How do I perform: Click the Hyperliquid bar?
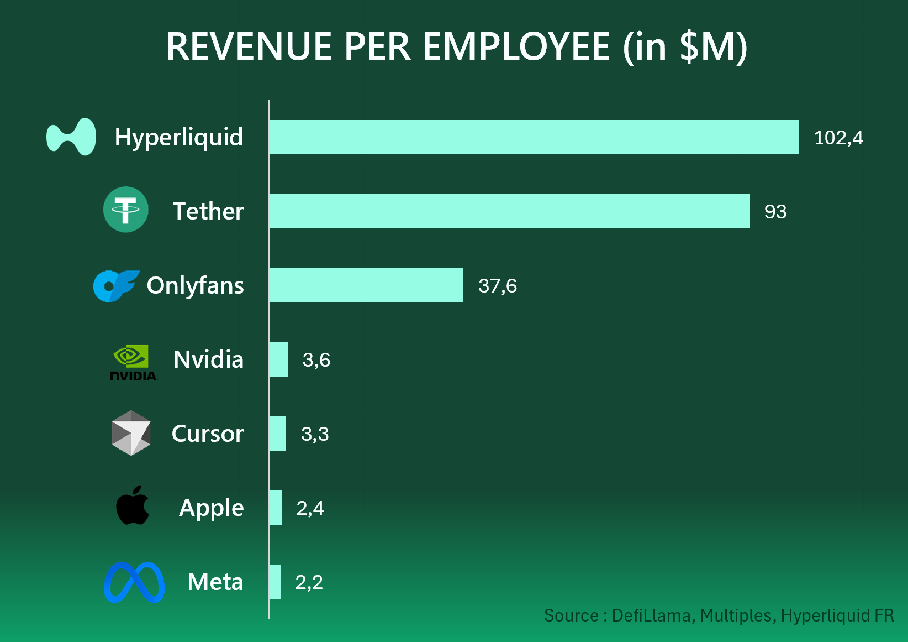[534, 137]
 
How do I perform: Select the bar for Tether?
[509, 211]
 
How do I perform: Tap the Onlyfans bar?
[366, 285]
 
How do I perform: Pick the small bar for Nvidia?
[279, 359]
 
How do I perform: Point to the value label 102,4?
[838, 138]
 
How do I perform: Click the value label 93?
[775, 212]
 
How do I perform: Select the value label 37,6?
[497, 286]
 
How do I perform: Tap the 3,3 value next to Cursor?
[315, 434]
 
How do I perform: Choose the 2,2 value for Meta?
[309, 582]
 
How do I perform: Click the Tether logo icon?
[126, 210]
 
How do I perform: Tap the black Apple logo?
[133, 505]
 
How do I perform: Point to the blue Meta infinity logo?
[134, 582]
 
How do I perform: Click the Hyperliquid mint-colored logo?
[71, 137]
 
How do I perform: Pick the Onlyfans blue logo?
[115, 285]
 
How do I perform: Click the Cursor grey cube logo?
[131, 433]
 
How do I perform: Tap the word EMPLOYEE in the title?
[516, 46]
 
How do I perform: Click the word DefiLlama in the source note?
[651, 615]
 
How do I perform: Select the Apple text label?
[211, 508]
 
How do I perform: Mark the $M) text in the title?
[713, 46]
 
